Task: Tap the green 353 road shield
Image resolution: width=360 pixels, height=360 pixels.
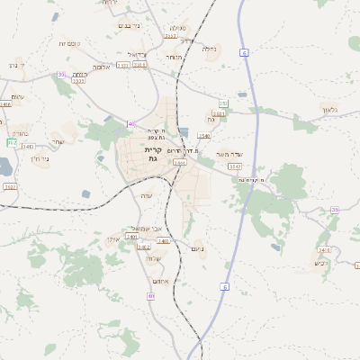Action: coord(222,104)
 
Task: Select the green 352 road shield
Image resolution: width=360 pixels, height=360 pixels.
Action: coord(12,142)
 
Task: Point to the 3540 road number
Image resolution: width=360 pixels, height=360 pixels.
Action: coord(203,136)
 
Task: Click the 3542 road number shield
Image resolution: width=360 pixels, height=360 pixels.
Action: coord(235,166)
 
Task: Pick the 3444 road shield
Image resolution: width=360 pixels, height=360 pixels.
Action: coord(180,163)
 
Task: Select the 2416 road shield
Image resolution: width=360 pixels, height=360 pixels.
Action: coord(5,103)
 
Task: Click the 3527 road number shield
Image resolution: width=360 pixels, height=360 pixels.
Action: coord(10,186)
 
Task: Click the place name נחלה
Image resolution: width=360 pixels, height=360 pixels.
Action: coord(211,49)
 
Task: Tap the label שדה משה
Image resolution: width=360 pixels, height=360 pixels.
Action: coord(230,154)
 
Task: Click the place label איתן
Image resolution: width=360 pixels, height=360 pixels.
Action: coord(113,240)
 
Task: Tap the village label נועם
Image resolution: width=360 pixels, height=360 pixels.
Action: coord(199,248)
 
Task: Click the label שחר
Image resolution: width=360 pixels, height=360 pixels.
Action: coord(58,141)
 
